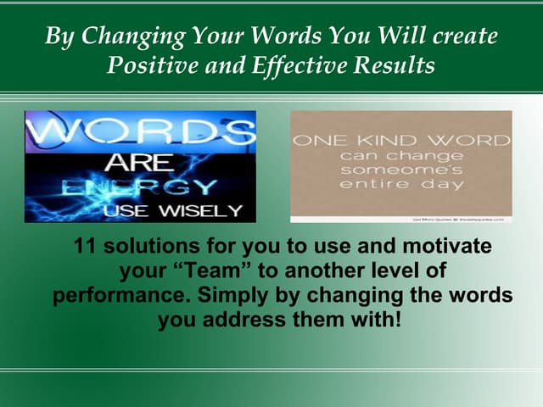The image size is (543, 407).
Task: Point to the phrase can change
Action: coord(401,155)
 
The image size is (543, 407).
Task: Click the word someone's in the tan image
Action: coord(401,170)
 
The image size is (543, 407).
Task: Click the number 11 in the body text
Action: coord(86,248)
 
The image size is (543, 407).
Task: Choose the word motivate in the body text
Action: coord(444,248)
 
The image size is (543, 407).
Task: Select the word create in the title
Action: coord(464,37)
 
